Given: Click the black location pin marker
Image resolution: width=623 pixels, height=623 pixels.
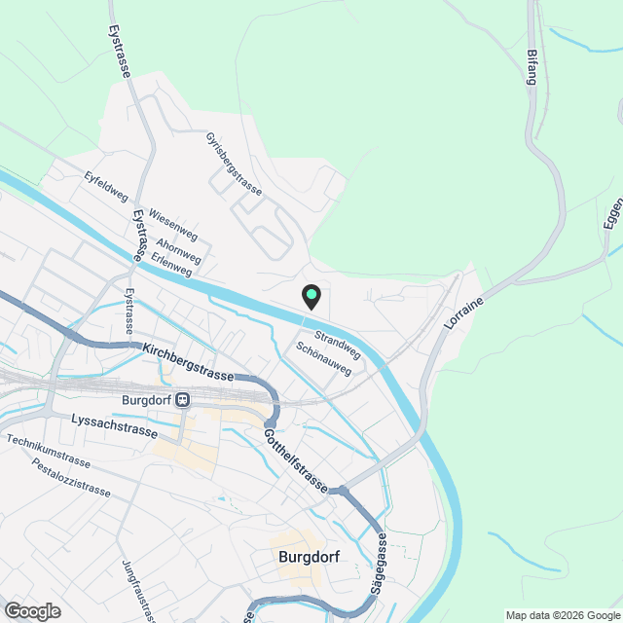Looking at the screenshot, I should (x=311, y=296).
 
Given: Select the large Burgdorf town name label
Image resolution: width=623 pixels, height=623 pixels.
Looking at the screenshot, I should (x=309, y=559).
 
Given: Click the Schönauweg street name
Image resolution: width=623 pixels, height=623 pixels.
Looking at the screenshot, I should (x=322, y=357).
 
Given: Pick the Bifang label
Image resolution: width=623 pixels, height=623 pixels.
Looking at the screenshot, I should (x=531, y=66).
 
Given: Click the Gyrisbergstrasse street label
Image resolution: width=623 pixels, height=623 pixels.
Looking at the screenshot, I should (x=235, y=165).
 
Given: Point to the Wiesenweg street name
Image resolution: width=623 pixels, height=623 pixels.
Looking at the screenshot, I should (x=172, y=223).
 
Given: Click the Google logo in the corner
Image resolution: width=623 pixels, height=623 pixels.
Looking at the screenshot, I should (x=31, y=610).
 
